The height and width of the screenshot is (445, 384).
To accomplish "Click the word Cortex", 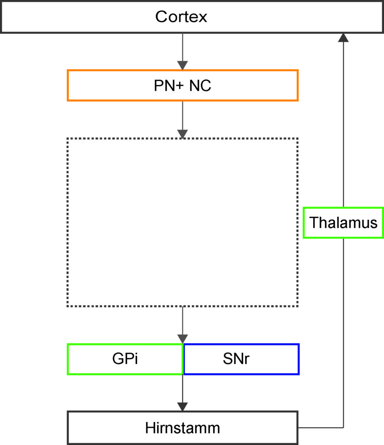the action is [x=181, y=17].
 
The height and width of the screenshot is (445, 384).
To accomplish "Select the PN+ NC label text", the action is [x=182, y=86].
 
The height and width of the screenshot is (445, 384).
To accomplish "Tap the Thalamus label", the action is [x=344, y=222].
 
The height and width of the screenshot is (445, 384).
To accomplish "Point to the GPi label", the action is [x=125, y=359].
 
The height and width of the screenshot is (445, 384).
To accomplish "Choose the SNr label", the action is [x=236, y=359].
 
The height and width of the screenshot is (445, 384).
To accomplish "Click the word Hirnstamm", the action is [x=182, y=428].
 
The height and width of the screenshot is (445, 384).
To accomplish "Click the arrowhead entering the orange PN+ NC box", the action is [x=182, y=65].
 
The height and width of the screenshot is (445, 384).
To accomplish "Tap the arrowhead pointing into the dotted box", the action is [x=182, y=134].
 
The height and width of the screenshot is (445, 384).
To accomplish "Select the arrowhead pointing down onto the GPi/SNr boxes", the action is [x=182, y=339].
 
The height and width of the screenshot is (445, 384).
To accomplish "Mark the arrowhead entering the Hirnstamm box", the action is [x=182, y=407].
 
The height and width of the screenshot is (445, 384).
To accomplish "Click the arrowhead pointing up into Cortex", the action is [x=344, y=37].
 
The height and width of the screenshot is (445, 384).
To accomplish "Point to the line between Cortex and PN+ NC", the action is [x=182, y=47].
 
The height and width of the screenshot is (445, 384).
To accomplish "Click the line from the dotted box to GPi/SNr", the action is [x=182, y=321].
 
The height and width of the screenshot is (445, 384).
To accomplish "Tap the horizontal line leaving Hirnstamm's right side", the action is [x=321, y=428].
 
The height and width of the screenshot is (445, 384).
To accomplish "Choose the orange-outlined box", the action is [x=68, y=85].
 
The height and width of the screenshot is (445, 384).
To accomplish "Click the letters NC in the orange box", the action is [x=200, y=86].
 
